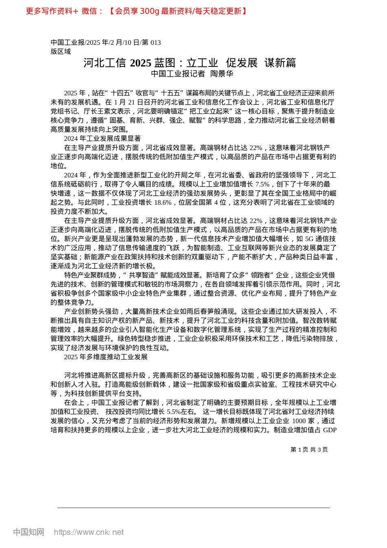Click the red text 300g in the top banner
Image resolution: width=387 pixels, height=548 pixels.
149,11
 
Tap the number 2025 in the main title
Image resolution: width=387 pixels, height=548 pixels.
141,63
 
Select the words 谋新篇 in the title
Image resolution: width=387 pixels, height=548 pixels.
280,63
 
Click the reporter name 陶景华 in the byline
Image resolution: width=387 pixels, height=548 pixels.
222,74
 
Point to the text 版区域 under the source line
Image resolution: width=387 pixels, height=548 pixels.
61,51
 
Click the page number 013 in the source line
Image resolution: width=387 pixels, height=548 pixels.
156,42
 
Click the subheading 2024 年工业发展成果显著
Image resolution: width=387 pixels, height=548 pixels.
102,139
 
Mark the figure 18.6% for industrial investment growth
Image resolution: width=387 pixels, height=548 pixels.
163,203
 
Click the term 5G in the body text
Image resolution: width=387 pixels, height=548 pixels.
310,239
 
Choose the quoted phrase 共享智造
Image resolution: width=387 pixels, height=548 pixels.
143,275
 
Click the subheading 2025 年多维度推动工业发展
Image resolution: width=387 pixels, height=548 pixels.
106,357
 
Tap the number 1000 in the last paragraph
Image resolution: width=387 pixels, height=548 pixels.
299,421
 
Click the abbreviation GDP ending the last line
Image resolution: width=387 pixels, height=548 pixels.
330,430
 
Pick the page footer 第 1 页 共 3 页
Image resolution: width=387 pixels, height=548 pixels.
309,450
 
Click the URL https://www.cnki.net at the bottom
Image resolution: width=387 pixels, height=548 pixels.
89,532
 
